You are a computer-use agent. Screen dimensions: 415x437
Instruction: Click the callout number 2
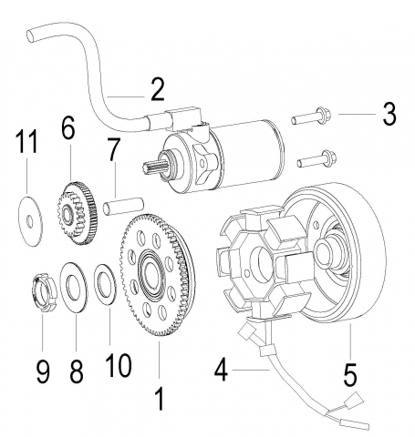coord(158,89)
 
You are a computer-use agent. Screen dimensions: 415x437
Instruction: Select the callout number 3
coord(389,114)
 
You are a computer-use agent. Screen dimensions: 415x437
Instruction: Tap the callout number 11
coord(26,141)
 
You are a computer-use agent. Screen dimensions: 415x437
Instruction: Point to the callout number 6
coord(67,127)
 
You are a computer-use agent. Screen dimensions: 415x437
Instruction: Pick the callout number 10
coord(119,365)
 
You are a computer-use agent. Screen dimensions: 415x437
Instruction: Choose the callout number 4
coord(221,370)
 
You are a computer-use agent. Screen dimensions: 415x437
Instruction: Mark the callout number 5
coord(350,375)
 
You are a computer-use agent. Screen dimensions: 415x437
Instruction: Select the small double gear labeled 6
coord(78,212)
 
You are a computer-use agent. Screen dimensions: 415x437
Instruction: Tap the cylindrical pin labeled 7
coord(123,206)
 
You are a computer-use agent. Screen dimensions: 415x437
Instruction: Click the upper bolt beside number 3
coord(310,117)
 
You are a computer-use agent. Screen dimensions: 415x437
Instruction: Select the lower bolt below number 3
coord(316,158)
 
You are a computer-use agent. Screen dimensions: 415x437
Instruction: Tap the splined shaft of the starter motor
coord(154,166)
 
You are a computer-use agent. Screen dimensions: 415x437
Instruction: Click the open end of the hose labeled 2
coord(31,36)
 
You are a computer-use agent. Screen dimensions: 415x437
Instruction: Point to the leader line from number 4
coord(251,370)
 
